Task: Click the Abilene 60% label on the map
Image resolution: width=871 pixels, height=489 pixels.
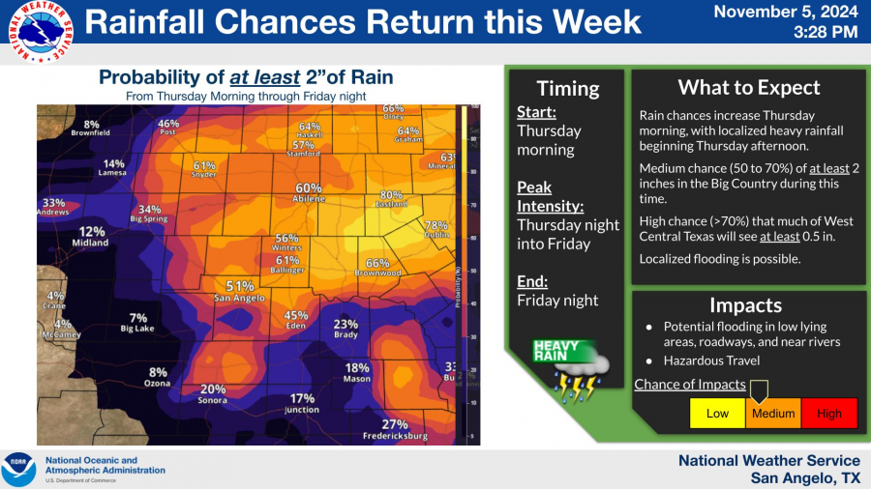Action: coord(309,193)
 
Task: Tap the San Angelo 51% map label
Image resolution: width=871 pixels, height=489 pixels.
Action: coord(240,292)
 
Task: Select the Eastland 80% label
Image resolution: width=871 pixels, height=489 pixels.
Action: coord(391,200)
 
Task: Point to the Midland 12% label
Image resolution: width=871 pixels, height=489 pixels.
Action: coord(92,237)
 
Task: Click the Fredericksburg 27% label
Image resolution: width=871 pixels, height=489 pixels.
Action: coord(394,429)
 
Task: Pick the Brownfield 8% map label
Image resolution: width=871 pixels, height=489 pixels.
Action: coord(91,129)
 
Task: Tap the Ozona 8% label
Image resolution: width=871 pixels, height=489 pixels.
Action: coord(158,378)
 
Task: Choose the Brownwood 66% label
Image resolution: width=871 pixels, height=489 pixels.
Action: coord(377,268)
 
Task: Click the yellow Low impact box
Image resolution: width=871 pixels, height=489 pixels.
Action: coord(717,414)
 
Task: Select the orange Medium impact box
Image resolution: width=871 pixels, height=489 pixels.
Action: coord(773,414)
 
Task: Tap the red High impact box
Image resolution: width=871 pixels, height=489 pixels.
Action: coord(829,414)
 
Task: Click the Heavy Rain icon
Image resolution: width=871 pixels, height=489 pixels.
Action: coord(571,367)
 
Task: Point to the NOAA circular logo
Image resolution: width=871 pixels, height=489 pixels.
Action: coord(18,469)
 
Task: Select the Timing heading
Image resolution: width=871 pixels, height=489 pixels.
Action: coord(568,89)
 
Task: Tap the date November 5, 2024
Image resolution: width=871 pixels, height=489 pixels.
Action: coord(786,12)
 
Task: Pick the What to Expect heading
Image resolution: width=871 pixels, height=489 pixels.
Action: coord(748,88)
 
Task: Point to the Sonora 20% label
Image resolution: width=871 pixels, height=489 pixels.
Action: coord(213,394)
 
